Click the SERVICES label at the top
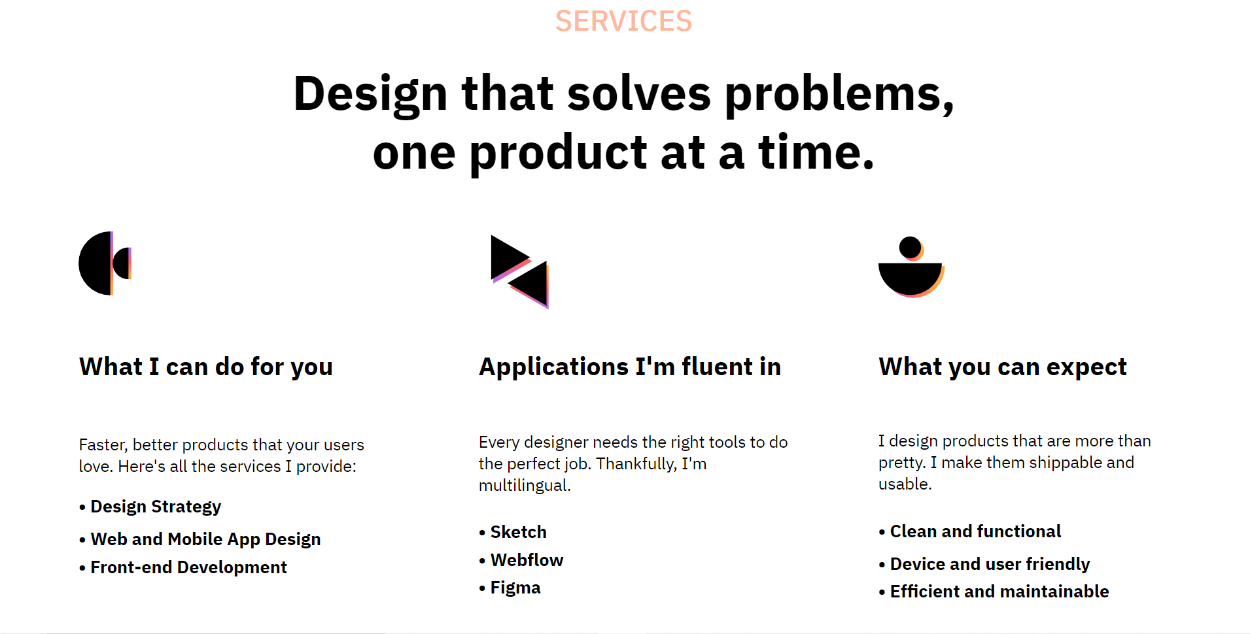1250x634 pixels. [x=623, y=21]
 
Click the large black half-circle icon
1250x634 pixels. [x=95, y=263]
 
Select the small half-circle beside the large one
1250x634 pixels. [x=122, y=263]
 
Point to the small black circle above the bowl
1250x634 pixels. [x=909, y=247]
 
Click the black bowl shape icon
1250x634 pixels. [x=909, y=277]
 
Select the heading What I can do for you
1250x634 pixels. [x=206, y=367]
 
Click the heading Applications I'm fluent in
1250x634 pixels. [x=630, y=367]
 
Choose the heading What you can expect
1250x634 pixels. [x=1002, y=367]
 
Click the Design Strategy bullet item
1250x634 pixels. [x=156, y=507]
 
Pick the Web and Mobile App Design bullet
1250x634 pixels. [x=205, y=539]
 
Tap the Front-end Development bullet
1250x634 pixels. [x=188, y=567]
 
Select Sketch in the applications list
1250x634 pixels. [x=518, y=532]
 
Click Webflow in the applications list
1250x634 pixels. [x=527, y=560]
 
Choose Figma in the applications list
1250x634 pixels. [x=515, y=588]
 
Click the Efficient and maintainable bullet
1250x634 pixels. [x=999, y=592]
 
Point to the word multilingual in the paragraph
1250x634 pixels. [x=524, y=486]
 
